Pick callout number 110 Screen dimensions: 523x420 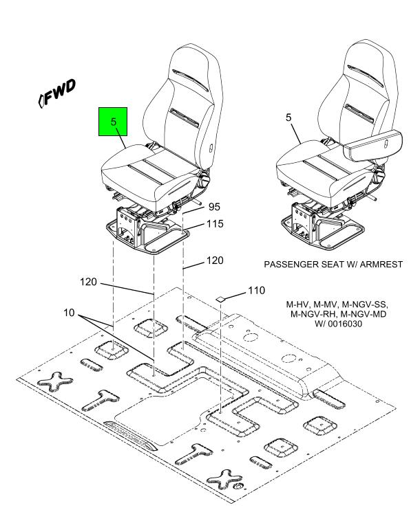tap(255, 291)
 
